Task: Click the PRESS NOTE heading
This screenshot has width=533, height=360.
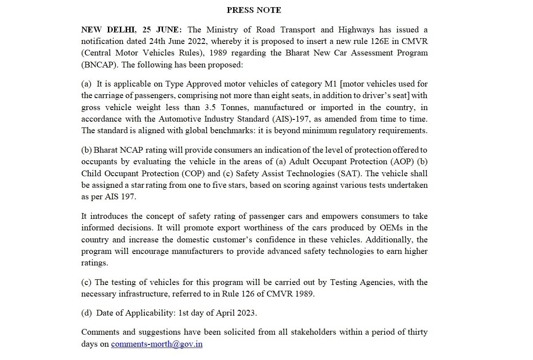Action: pyautogui.click(x=254, y=10)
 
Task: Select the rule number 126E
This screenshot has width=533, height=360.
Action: pyautogui.click(x=376, y=41)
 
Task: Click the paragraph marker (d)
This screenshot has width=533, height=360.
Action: pyautogui.click(x=86, y=313)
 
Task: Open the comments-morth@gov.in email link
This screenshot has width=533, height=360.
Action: pyautogui.click(x=157, y=344)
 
